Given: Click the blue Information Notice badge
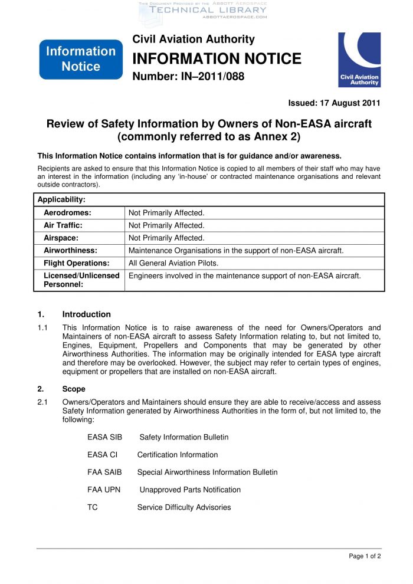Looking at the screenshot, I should coord(81,59).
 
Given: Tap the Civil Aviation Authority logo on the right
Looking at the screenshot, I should coord(359,60).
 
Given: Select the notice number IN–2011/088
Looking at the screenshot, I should coord(188,77).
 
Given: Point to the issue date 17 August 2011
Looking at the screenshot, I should coord(334,103).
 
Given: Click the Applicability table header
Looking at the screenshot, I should coord(61,200).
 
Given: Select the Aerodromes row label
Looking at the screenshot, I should coord(67,212).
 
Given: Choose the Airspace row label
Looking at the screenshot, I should coord(61,238).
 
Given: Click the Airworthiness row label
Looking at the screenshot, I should coord(70,251).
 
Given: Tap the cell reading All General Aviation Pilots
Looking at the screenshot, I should coord(173,263).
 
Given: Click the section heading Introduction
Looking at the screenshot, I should coord(86,314).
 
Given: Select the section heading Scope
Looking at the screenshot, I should coord(74,389).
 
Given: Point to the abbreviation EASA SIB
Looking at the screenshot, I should coord(104,437).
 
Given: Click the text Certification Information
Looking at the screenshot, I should coord(178,455).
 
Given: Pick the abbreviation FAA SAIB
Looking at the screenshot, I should coord(104,472).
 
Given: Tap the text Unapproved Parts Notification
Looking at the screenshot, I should coord(190,490).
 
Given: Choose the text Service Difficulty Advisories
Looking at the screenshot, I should coord(184,507).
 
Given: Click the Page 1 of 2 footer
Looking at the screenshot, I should coord(365,556).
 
